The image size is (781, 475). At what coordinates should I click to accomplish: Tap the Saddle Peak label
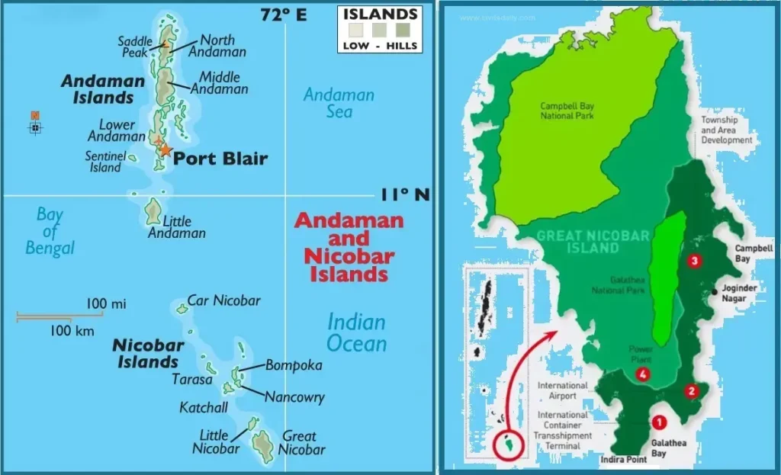point(133,47)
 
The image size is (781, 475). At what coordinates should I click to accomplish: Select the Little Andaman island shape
point(154,210)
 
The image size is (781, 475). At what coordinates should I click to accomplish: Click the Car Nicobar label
point(224,300)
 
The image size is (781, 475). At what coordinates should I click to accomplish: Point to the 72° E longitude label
point(283,14)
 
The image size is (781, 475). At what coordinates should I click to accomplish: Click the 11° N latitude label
point(405,195)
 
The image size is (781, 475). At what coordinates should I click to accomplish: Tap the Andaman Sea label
point(339,103)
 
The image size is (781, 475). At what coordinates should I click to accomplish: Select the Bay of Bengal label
point(50,231)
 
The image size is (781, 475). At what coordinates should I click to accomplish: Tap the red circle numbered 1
point(659,420)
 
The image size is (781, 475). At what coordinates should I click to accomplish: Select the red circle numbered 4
point(643,374)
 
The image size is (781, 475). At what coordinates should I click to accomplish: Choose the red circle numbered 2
point(691,391)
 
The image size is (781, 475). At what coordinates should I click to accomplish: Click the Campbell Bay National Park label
point(567,111)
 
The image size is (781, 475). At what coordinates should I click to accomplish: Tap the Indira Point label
point(625,460)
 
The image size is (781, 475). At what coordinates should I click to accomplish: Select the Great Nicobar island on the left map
point(264,447)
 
